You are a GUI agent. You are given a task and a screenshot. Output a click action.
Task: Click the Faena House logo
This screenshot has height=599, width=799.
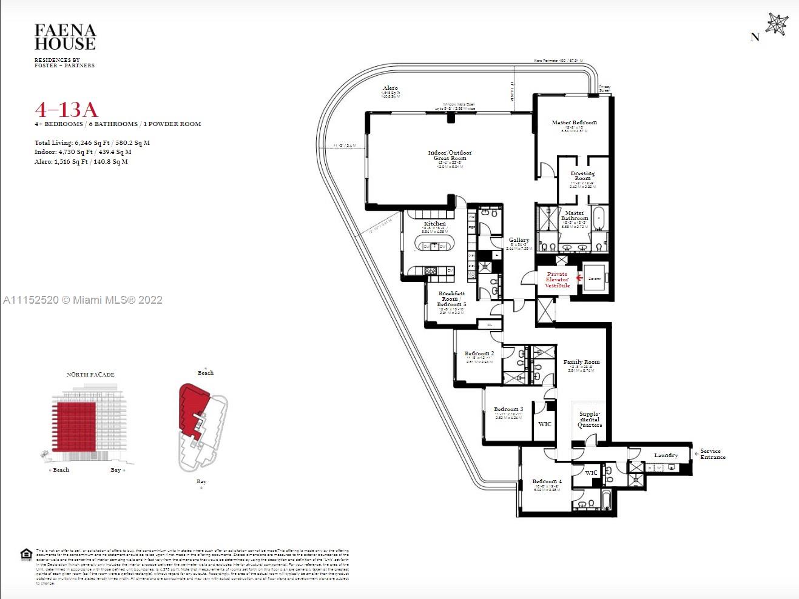[65, 37]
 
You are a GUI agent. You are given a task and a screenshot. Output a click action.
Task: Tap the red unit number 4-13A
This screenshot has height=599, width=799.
[66, 110]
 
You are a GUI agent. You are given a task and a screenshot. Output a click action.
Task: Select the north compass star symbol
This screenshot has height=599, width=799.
[776, 25]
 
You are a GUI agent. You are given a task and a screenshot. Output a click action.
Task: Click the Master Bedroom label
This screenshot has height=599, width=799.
[574, 122]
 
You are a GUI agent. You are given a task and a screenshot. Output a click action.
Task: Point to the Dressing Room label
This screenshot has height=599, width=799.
[582, 176]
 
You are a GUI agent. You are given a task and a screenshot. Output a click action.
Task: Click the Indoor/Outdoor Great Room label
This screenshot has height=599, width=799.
[450, 155]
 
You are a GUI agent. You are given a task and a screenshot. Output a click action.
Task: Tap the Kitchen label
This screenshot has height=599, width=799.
[434, 224]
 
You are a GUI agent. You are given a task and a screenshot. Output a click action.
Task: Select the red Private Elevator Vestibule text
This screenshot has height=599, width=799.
[557, 279]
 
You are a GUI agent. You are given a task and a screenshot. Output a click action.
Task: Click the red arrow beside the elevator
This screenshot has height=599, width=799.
[579, 278]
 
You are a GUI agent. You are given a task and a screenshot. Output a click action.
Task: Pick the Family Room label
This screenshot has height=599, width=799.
[581, 362]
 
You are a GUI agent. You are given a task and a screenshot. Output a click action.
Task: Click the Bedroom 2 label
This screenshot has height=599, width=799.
[479, 353]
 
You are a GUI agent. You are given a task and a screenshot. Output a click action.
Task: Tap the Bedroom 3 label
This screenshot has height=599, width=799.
[508, 409]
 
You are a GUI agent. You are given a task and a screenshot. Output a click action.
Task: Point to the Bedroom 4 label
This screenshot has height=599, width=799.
[547, 481]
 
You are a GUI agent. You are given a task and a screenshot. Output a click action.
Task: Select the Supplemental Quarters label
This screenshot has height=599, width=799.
[589, 420]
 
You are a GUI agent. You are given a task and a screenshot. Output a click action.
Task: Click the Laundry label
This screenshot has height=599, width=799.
[666, 455]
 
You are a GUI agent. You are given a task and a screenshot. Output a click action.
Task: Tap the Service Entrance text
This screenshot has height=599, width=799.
[712, 454]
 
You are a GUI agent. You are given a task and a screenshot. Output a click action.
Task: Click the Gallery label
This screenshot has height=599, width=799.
[519, 241]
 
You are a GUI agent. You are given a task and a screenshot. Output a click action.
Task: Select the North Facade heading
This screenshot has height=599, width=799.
[90, 375]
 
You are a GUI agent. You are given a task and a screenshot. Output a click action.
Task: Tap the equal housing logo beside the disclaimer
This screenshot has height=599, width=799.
[26, 555]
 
